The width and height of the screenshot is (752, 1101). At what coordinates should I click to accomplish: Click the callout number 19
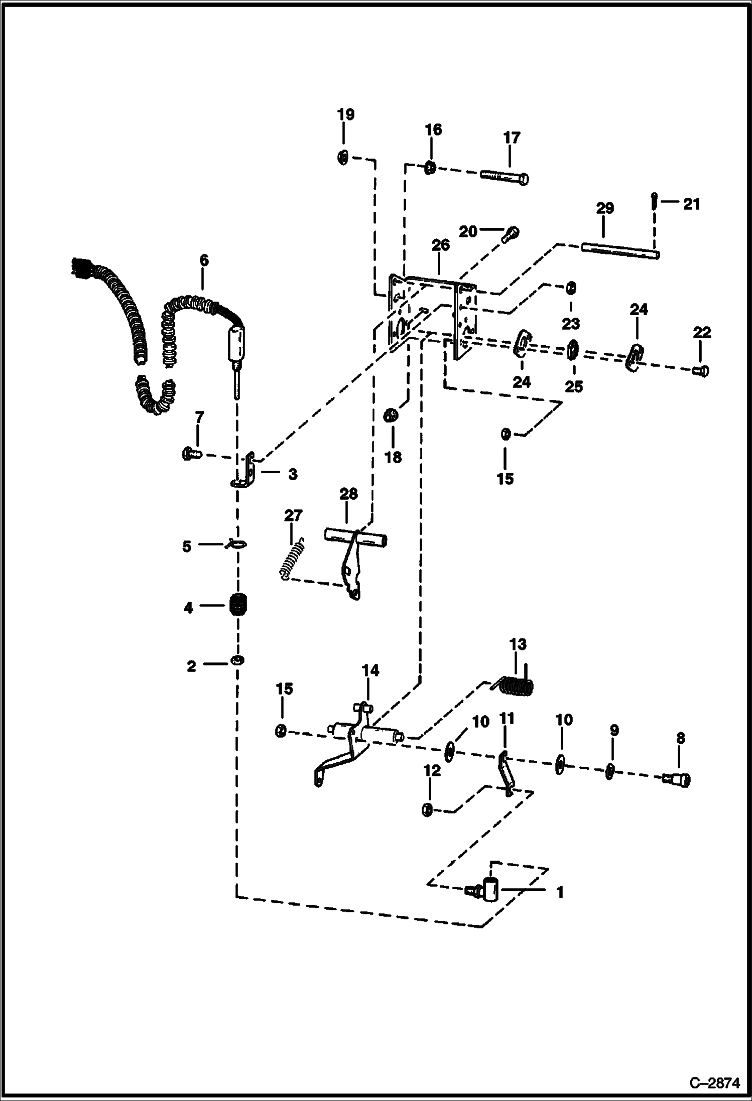(x=345, y=114)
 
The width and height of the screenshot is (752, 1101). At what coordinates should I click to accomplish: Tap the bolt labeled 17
(x=505, y=177)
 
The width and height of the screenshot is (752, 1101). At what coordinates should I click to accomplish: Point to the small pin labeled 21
(x=655, y=202)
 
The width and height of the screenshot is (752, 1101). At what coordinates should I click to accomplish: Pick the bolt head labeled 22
(x=701, y=371)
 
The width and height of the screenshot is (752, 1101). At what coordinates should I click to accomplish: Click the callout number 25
(x=574, y=386)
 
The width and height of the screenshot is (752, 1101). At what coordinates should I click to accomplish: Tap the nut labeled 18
(x=391, y=416)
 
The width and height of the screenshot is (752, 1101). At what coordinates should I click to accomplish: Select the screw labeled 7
(x=191, y=455)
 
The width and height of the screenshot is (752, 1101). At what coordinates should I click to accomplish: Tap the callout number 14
(x=370, y=670)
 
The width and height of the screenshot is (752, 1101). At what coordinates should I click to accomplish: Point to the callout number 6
(x=203, y=260)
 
